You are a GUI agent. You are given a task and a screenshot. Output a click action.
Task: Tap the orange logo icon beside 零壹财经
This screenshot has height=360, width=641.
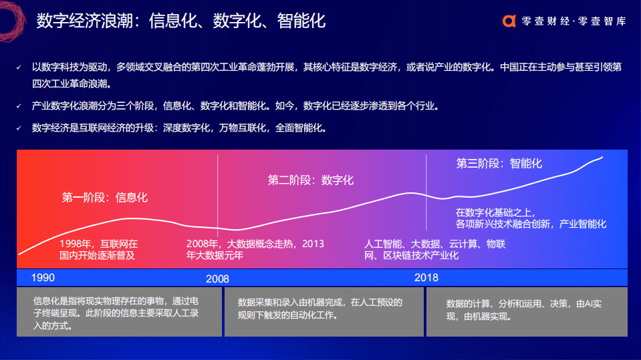coord(509,21)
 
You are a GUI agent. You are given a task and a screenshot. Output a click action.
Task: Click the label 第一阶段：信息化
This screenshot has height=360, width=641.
coord(105,197)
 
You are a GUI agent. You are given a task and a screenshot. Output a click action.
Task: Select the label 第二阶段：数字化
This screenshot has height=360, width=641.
coord(311,180)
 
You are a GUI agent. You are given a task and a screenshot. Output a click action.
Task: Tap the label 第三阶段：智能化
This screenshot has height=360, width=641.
coord(499,163)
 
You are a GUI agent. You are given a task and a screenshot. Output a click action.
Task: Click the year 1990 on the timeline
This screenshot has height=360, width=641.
coord(43,277)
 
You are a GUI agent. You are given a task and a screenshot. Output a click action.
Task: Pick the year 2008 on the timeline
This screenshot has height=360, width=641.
coord(217,279)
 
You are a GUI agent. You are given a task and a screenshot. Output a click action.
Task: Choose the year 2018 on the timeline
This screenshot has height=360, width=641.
coord(426,277)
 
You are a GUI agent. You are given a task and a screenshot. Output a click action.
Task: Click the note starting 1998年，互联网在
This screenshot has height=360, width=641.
coord(98,249)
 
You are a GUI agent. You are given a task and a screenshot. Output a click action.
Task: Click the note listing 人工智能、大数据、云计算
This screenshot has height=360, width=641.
coord(434,249)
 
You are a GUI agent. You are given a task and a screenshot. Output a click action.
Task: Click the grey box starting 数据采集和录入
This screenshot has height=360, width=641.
coord(324,312)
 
